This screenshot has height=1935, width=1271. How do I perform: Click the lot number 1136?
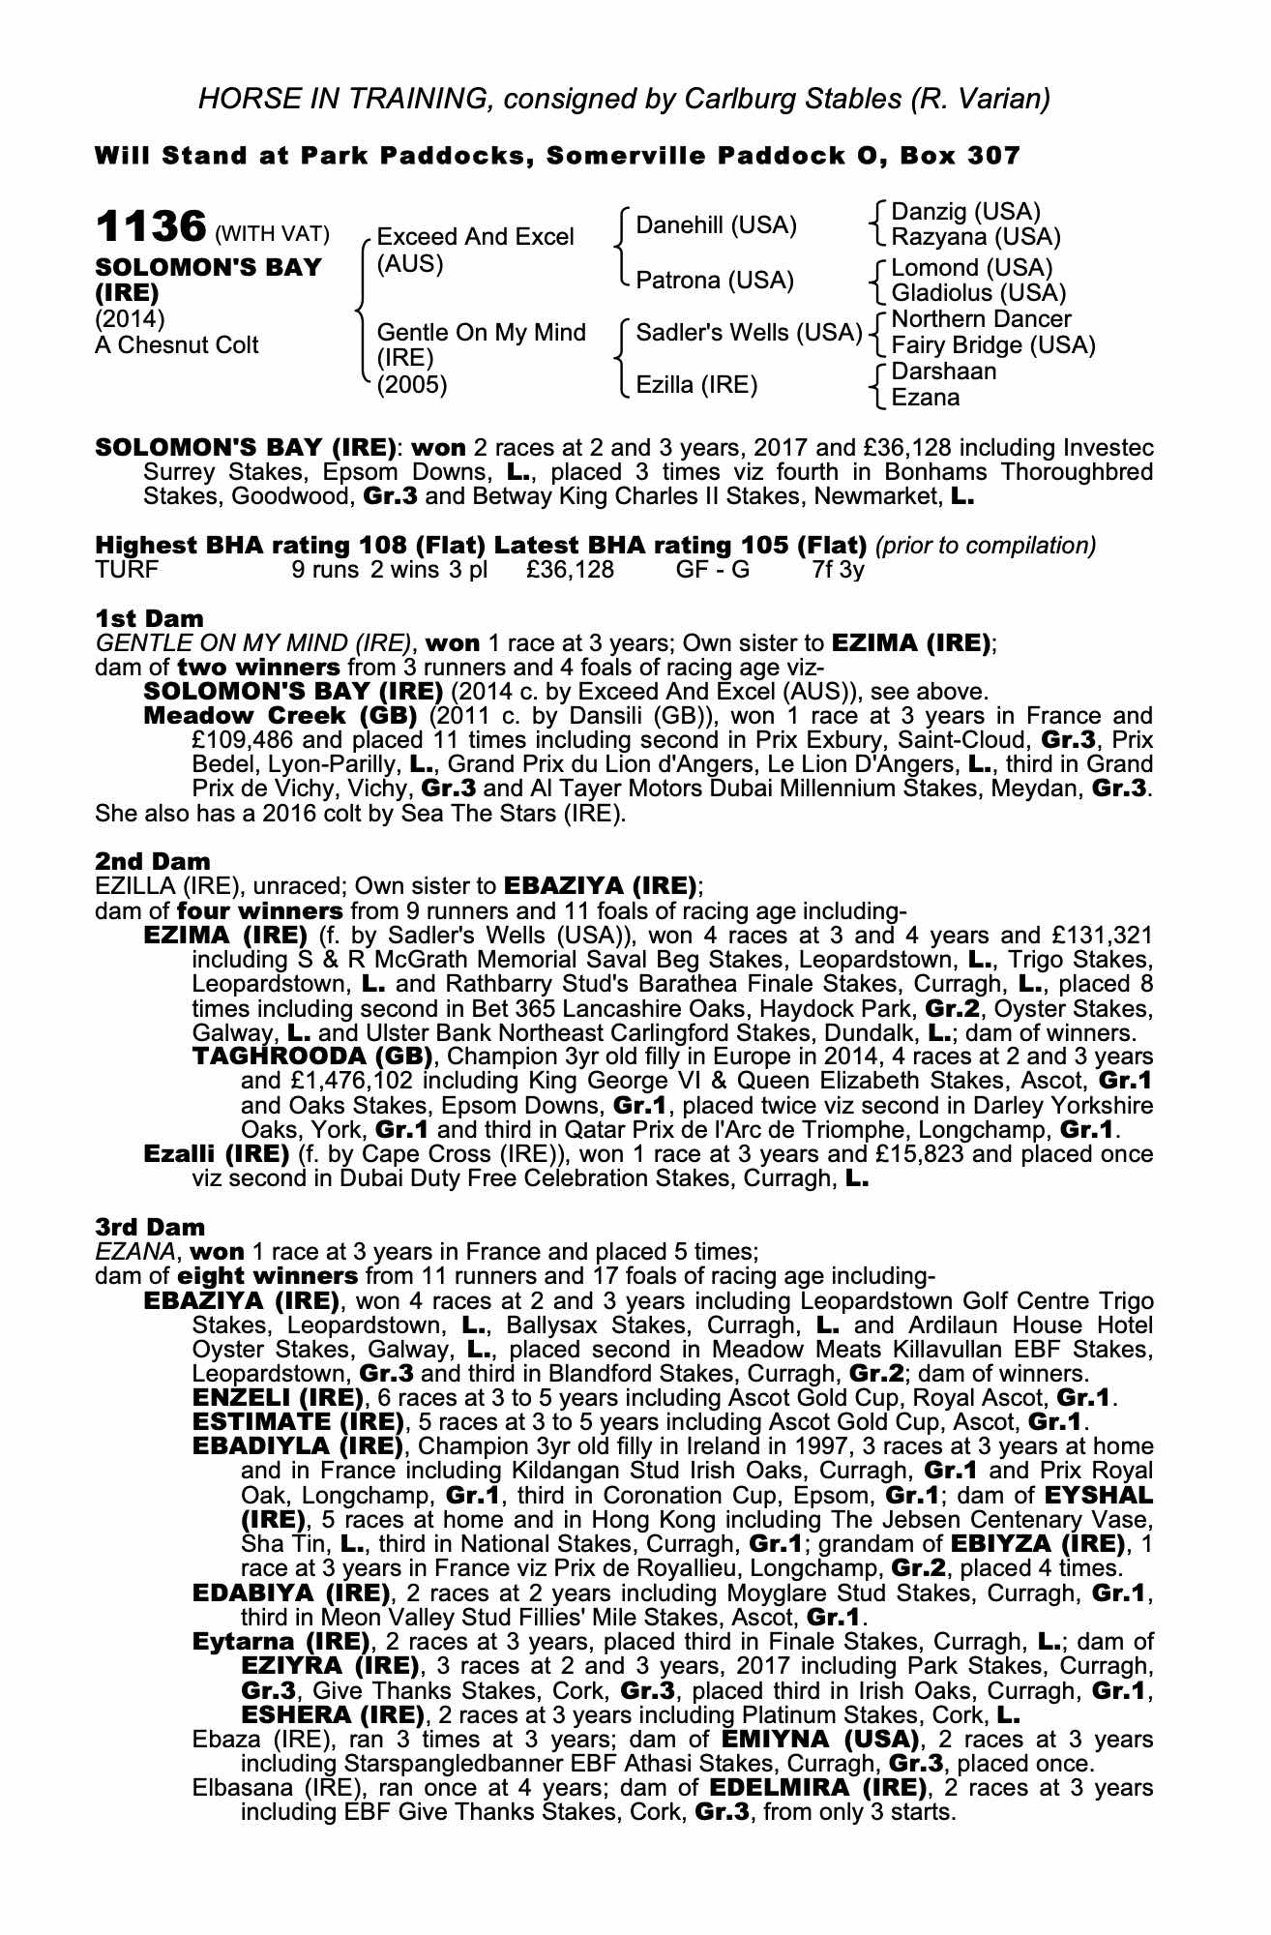[150, 227]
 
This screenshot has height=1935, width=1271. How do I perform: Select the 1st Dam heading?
[149, 618]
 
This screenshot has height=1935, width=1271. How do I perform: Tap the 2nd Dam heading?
[152, 861]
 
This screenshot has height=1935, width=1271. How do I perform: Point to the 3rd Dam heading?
[150, 1228]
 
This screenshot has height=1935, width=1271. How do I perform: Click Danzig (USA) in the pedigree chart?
[965, 212]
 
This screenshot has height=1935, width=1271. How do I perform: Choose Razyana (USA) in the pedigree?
[975, 237]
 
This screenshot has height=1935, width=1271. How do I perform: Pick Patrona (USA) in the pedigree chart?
[714, 281]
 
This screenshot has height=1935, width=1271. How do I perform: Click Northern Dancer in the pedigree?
[981, 320]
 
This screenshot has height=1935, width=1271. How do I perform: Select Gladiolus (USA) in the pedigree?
[978, 293]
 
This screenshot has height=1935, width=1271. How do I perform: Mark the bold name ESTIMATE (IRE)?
[298, 1422]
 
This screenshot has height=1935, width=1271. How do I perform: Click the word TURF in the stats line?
[126, 570]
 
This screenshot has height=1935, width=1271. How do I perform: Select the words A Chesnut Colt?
[176, 345]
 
